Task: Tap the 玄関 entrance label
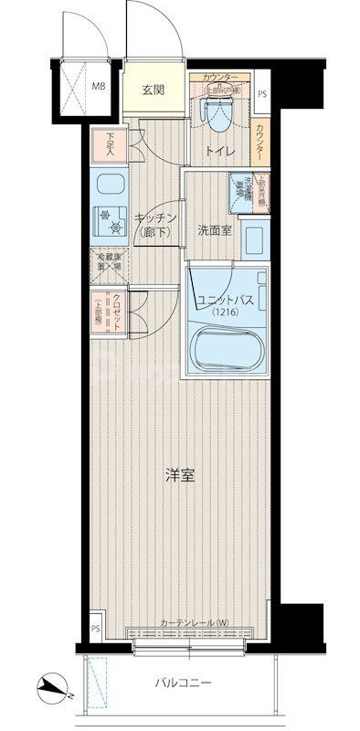coord(154,90)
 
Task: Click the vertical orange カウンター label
coord(263,142)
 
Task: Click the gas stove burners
coord(112,221)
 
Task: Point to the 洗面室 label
coord(215,230)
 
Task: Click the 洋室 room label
coord(179,475)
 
